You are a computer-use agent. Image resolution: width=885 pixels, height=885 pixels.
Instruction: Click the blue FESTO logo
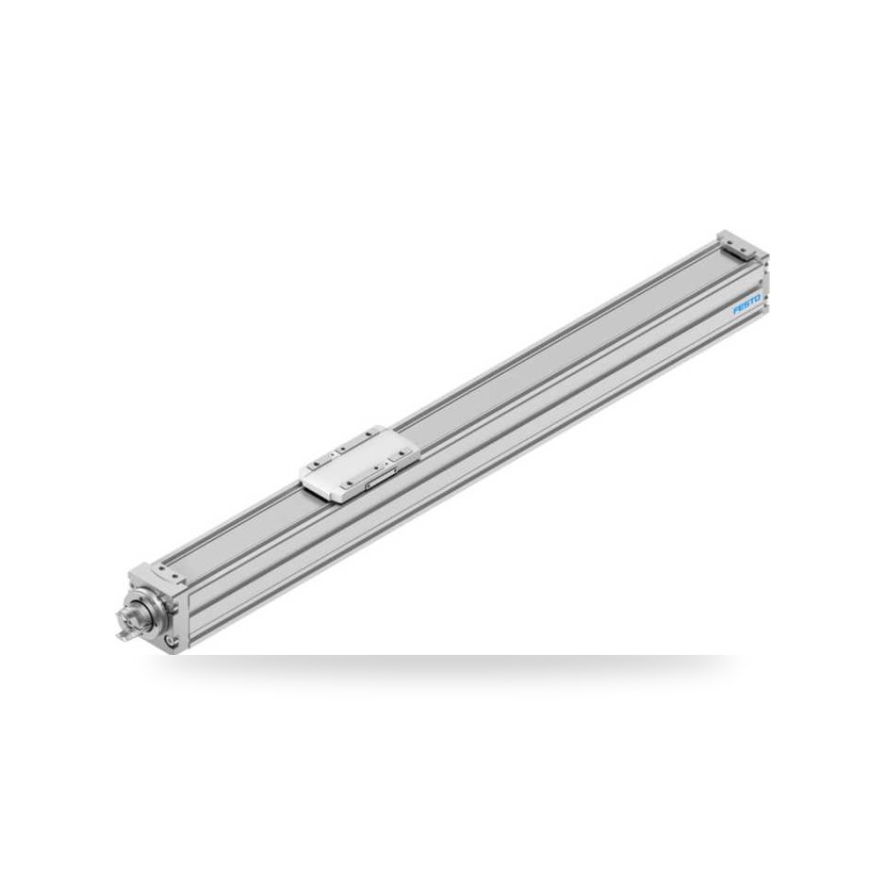point(747,304)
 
